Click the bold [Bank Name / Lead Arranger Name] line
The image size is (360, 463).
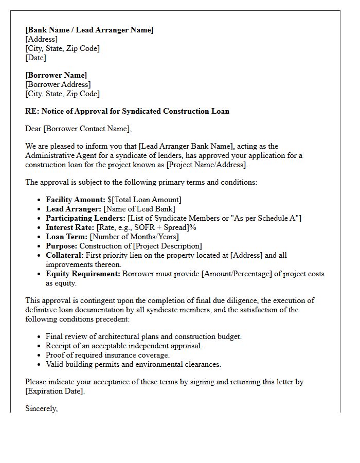point(89,30)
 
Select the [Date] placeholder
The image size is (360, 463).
point(36,58)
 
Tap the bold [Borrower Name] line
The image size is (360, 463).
point(56,75)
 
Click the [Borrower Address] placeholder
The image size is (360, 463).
point(58,84)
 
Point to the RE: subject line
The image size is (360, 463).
point(127,111)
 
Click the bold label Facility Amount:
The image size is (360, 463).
point(75,200)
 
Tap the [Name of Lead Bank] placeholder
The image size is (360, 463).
point(139,209)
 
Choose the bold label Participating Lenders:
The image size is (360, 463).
point(85,218)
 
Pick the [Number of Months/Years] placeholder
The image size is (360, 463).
point(134,237)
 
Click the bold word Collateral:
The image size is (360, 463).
point(64,255)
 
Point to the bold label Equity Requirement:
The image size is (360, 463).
point(83,274)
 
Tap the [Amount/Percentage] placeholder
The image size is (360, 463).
point(237,274)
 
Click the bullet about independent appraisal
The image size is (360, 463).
point(124,346)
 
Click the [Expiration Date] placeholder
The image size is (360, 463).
point(55,391)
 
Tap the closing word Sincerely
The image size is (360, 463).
point(41,408)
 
